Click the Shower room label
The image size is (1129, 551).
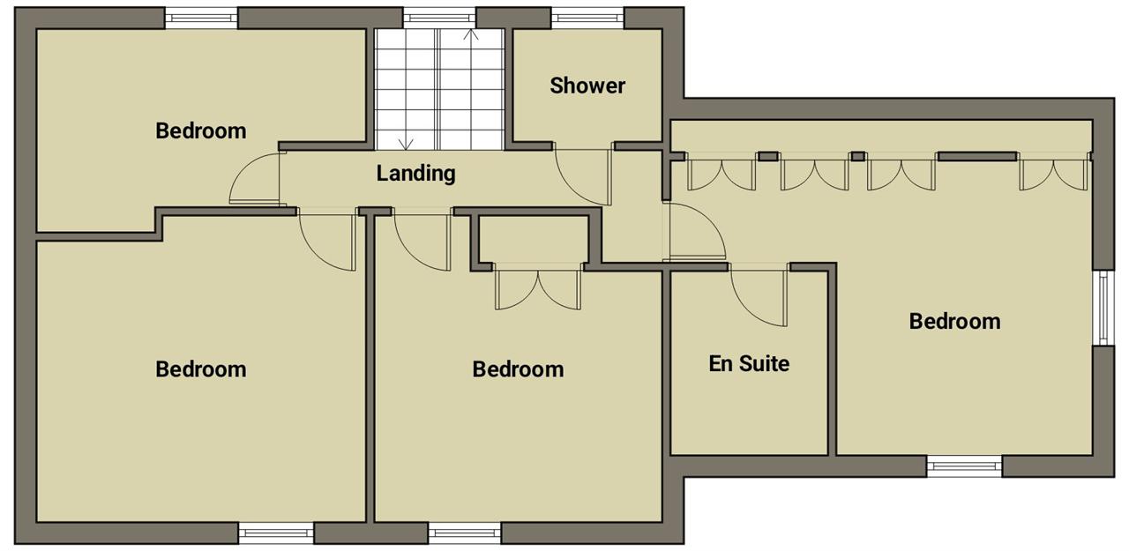pos(587,86)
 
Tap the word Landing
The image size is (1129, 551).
pos(415,174)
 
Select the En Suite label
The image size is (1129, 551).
pos(749,363)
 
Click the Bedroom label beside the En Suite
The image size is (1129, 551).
pos(954,321)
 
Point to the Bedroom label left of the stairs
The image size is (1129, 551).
pos(200,131)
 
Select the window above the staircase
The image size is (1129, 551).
pos(439,19)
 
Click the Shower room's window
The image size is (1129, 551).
pos(587,19)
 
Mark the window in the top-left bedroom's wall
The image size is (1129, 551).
pos(202,19)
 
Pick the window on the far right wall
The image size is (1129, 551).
pos(1103,309)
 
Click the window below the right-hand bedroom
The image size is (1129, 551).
pos(964,466)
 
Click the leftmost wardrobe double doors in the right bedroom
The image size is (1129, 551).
pos(722,175)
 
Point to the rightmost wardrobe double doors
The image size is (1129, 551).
pos(1053,175)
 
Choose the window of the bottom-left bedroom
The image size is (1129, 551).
pos(276,532)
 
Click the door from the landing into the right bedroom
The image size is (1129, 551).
pos(694,232)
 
